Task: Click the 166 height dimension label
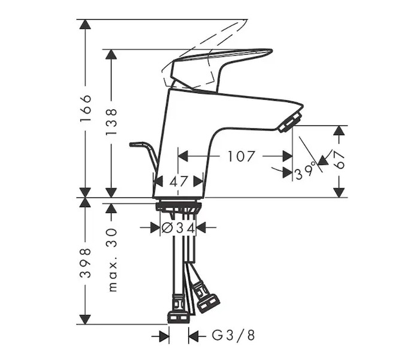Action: [85, 108]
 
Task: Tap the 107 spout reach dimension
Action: [241, 156]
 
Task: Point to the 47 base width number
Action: [179, 182]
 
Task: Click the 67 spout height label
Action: [339, 160]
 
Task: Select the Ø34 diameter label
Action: [178, 227]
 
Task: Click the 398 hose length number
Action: [85, 263]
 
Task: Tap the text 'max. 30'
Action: [112, 260]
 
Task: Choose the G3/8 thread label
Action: [233, 335]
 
